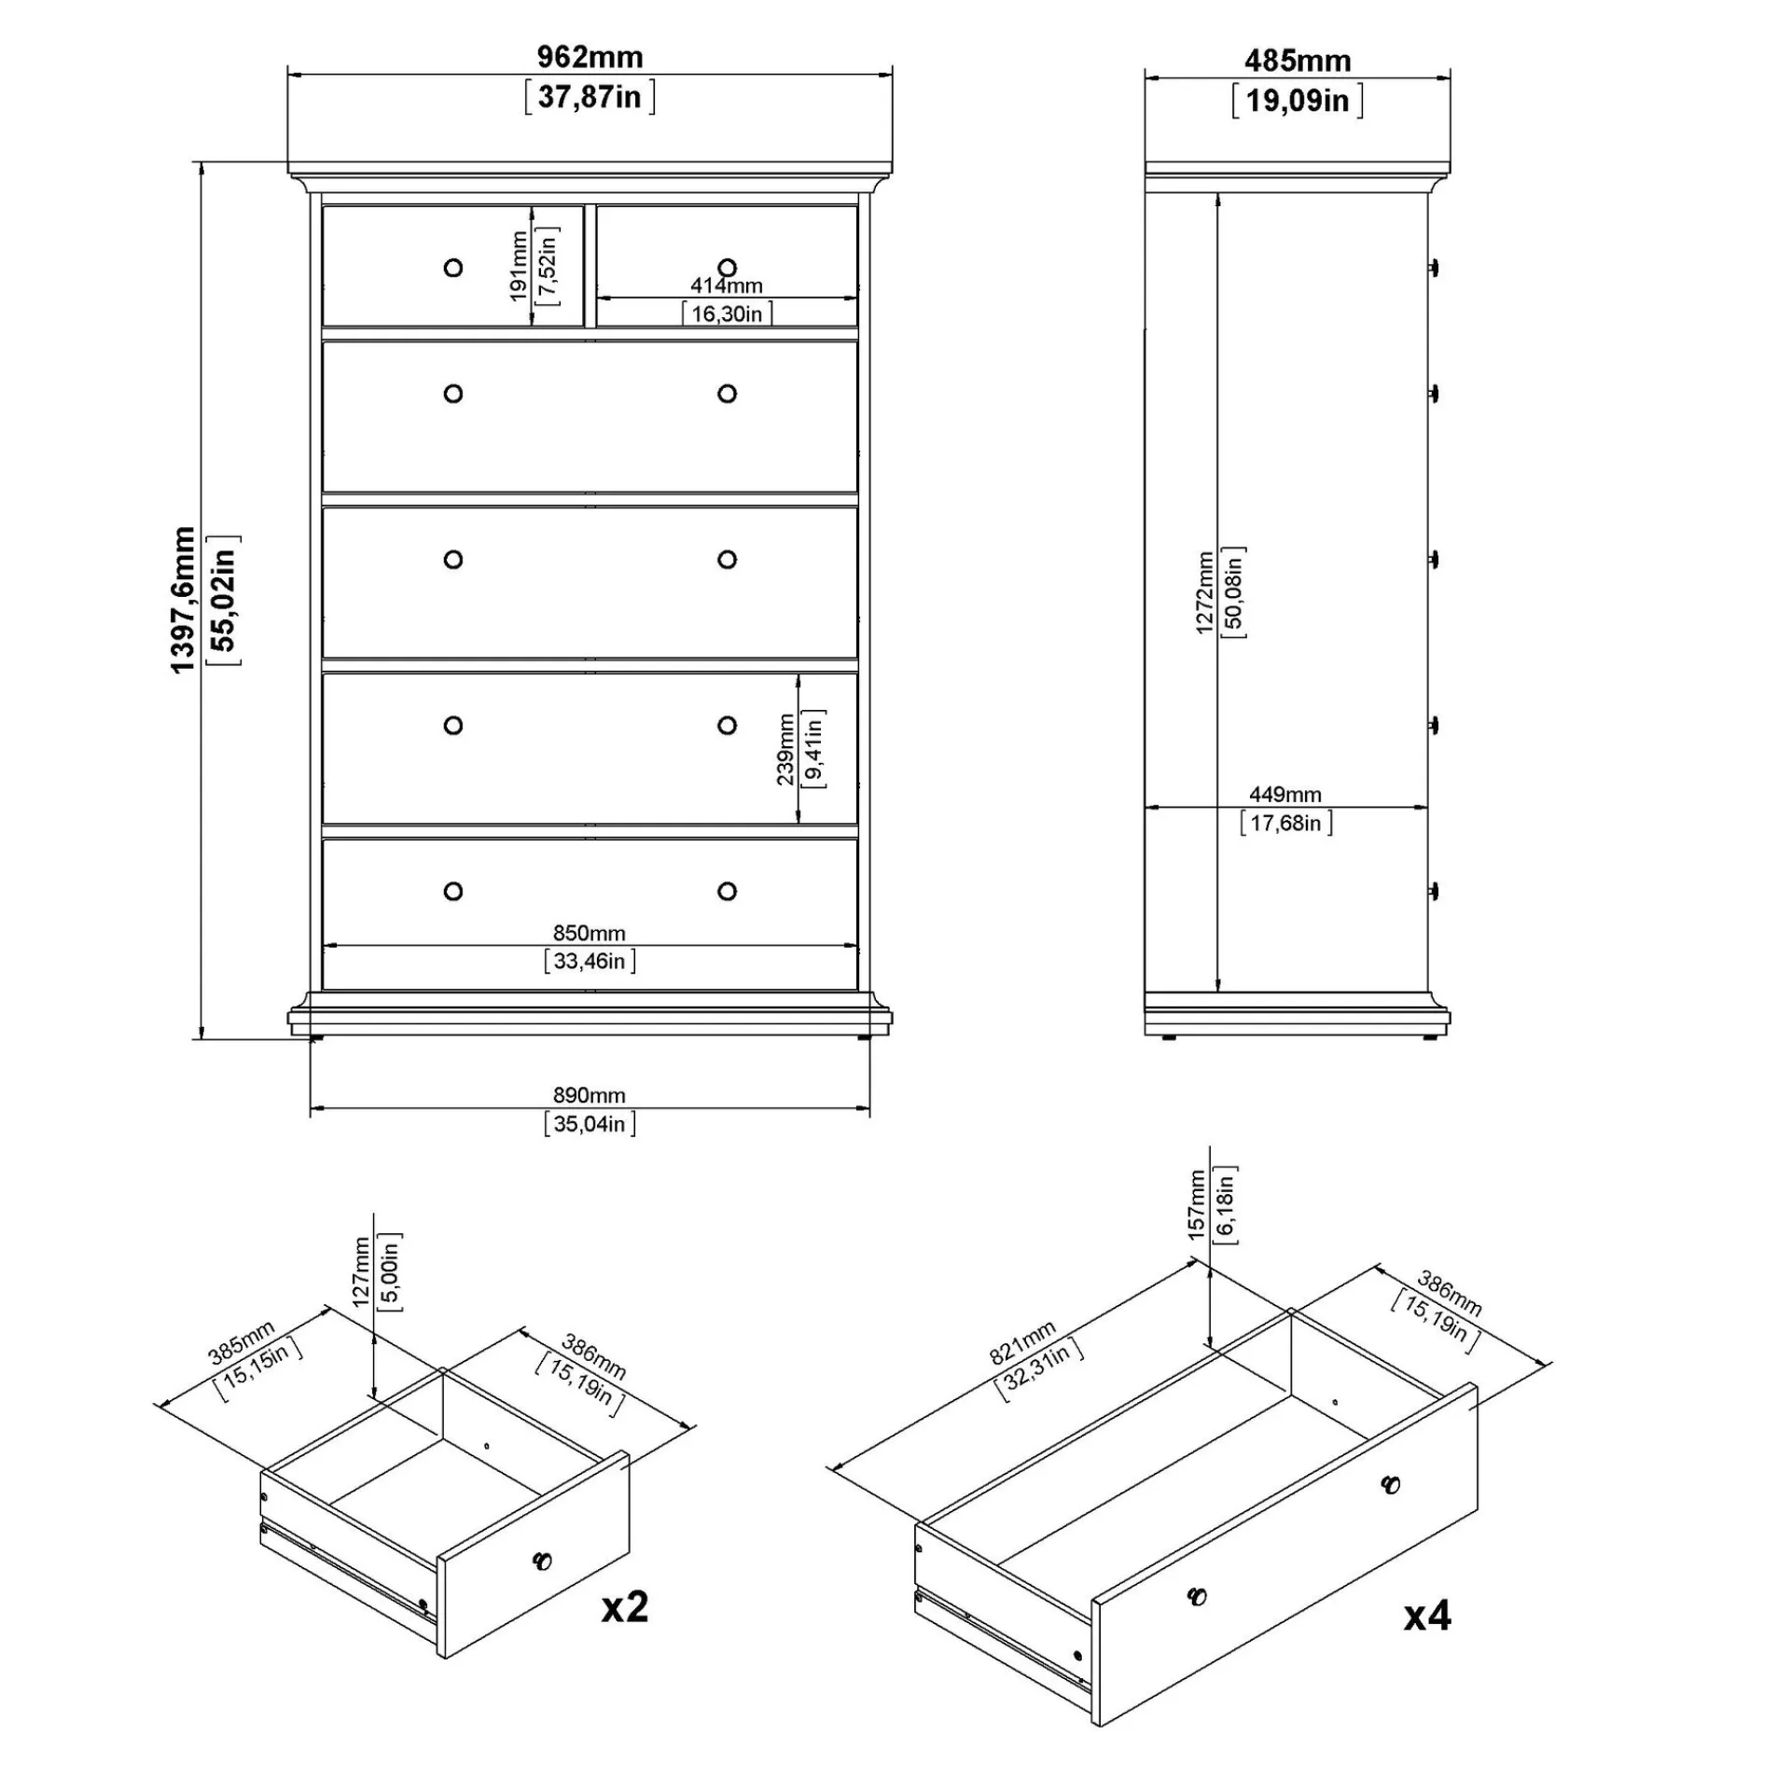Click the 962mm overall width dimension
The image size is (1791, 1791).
[x=590, y=57]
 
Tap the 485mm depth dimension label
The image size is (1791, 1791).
[x=1298, y=61]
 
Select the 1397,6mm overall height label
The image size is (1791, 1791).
[x=183, y=600]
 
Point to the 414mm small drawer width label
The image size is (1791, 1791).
[x=727, y=285]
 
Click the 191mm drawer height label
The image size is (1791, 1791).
[x=520, y=267]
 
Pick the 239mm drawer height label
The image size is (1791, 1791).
[x=785, y=749]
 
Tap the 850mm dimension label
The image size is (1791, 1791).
[x=590, y=933]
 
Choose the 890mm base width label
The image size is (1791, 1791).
[x=590, y=1095]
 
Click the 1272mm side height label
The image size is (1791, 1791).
[x=1204, y=592]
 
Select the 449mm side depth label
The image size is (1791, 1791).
[x=1285, y=795]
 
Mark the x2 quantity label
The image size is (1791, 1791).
[x=624, y=1606]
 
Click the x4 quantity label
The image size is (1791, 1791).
[x=1427, y=1616]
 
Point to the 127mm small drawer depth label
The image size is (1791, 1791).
[x=363, y=1271]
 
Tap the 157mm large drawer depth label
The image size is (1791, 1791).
[x=1197, y=1204]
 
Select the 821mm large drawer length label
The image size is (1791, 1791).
[x=1023, y=1342]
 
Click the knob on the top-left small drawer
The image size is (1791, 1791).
[x=453, y=269]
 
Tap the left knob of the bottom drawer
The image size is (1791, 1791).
[x=453, y=892]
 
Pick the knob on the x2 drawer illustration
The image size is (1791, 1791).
[x=542, y=1560]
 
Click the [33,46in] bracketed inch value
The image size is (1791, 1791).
[x=590, y=961]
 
